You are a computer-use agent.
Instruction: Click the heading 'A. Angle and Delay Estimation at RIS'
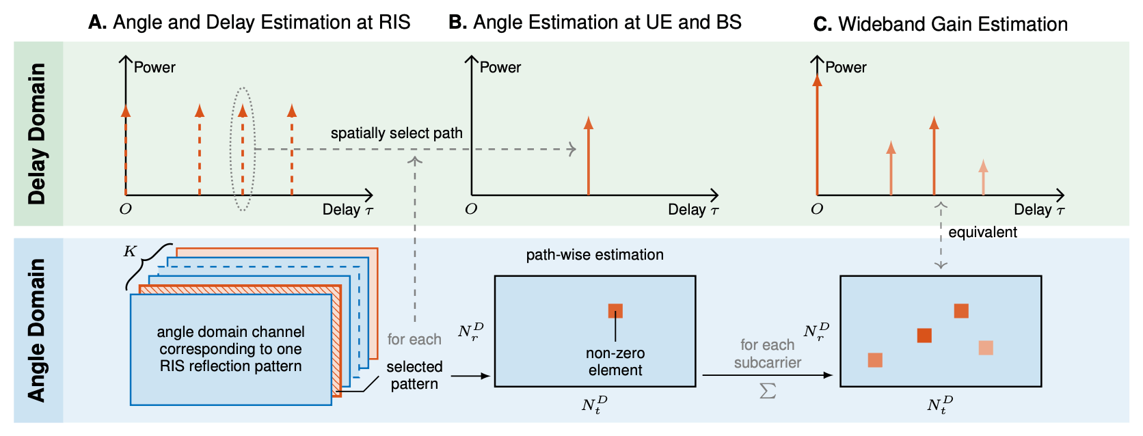pyautogui.click(x=249, y=23)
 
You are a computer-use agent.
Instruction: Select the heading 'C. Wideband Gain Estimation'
pyautogui.click(x=940, y=25)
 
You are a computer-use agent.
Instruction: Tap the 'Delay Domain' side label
pyautogui.click(x=38, y=134)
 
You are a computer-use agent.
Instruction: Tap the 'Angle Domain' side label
pyautogui.click(x=38, y=330)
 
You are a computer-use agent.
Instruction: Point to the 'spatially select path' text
pyautogui.click(x=396, y=133)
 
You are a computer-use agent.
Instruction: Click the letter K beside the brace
pyautogui.click(x=130, y=251)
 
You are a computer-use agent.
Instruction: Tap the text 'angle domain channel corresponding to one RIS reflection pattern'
pyautogui.click(x=230, y=349)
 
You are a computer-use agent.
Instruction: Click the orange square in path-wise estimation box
pyautogui.click(x=615, y=311)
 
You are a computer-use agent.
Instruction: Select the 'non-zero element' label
pyautogui.click(x=615, y=362)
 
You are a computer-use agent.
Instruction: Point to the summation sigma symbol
pyautogui.click(x=768, y=391)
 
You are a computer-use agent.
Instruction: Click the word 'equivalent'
pyautogui.click(x=982, y=232)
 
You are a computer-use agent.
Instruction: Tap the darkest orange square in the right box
pyautogui.click(x=924, y=335)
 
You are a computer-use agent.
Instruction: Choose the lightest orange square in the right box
pyautogui.click(x=986, y=348)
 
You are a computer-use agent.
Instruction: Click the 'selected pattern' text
pyautogui.click(x=414, y=375)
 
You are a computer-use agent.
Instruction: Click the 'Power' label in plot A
pyautogui.click(x=154, y=68)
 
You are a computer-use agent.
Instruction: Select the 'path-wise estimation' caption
pyautogui.click(x=595, y=255)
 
